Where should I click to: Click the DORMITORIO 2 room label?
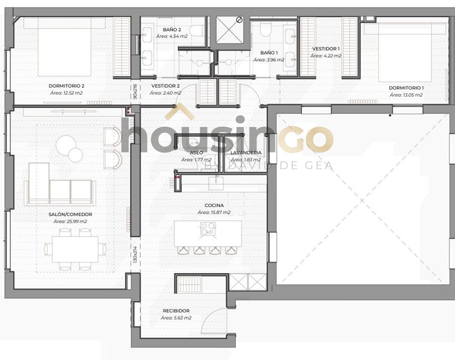click(66, 86)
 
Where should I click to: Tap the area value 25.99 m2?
click(70, 221)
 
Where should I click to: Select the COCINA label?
click(214, 205)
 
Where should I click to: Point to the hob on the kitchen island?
click(208, 229)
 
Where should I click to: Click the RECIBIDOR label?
click(176, 311)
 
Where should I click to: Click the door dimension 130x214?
click(135, 254)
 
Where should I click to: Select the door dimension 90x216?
click(135, 91)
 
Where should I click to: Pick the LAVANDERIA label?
click(246, 153)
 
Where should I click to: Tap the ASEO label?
click(197, 153)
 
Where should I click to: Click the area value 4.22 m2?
click(326, 56)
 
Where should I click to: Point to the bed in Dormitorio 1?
click(405, 53)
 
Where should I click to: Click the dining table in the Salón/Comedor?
click(75, 249)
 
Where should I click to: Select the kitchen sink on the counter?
click(216, 183)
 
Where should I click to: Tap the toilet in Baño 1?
click(266, 30)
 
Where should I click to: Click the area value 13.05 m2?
click(406, 95)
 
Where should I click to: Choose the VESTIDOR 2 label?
click(166, 86)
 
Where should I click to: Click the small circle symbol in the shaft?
click(239, 20)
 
